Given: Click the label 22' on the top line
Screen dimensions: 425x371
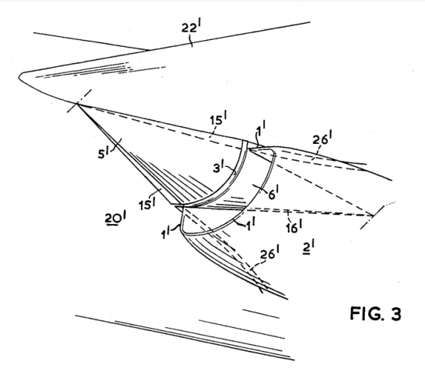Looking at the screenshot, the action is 192,27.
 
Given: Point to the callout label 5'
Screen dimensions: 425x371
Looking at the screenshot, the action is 104,153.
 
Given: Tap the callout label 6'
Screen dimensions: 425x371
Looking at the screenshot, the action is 273,194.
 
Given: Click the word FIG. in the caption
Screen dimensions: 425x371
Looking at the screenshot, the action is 367,314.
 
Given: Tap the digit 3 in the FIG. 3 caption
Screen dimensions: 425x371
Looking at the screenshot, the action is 395,314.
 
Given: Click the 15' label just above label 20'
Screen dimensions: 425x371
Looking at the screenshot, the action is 147,203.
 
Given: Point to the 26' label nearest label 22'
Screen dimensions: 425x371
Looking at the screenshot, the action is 323,138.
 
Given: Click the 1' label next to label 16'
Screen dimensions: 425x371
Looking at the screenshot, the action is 251,224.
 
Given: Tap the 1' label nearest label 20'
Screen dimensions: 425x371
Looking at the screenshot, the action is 166,233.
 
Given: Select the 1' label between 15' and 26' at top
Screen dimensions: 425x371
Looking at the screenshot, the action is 261,128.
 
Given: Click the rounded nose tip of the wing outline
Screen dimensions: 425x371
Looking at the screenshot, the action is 20,76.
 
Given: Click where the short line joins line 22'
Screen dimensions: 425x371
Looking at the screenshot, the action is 148,50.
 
